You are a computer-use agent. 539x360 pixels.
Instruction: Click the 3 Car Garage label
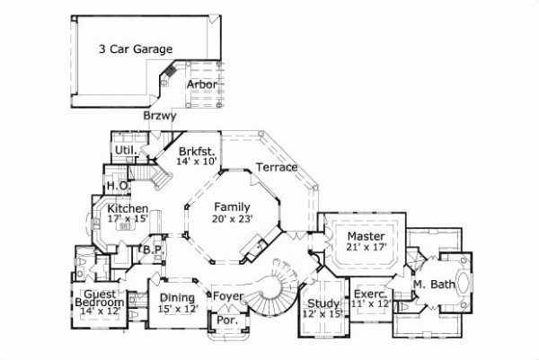tap(136, 48)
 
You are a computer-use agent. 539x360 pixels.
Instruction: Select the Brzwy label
tap(159, 116)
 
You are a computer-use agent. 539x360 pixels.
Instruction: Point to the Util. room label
tap(124, 150)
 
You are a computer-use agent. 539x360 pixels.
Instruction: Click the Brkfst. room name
tap(195, 151)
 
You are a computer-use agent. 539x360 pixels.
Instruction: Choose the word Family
tap(232, 206)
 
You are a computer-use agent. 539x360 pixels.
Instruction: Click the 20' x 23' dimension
tap(232, 217)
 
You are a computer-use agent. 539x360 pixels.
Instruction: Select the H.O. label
tap(117, 186)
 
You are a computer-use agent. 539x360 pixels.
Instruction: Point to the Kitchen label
tap(127, 207)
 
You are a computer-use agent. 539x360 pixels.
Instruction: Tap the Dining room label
tap(177, 298)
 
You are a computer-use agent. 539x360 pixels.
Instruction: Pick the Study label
tap(322, 302)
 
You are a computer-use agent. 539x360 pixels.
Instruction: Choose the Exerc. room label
tap(369, 294)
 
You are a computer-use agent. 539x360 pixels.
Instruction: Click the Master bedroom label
tap(366, 235)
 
